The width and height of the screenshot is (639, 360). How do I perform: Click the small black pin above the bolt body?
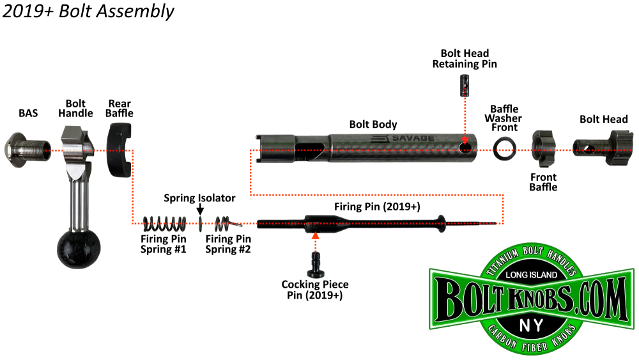tap(465, 84)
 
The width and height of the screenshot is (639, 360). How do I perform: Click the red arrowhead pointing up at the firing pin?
tap(314, 236)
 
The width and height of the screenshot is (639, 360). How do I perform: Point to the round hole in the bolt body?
tap(466, 149)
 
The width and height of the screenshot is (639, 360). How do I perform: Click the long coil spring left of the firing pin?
tap(164, 223)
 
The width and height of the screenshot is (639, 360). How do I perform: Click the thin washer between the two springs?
tap(201, 223)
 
